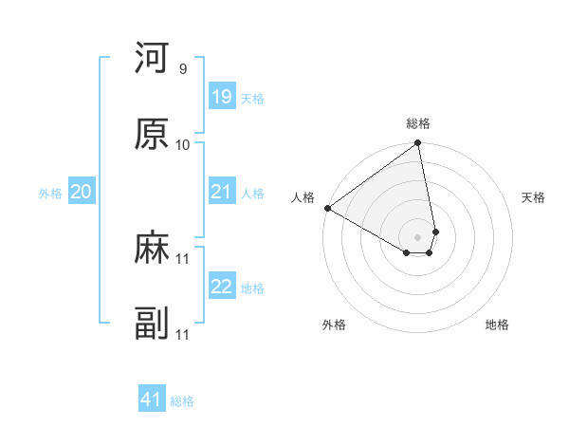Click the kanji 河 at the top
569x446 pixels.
click(152, 58)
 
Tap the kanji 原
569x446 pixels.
click(152, 134)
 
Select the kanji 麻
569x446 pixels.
click(152, 249)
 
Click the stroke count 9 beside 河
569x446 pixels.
click(182, 68)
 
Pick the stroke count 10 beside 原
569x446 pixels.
click(182, 144)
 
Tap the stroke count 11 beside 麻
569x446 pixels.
click(182, 259)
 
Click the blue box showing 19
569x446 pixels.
click(222, 97)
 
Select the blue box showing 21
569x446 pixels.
click(222, 192)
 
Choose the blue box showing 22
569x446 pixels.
click(222, 287)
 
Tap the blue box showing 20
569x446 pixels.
click(82, 192)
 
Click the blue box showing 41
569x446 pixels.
click(152, 400)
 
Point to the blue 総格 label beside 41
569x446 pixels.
click(182, 401)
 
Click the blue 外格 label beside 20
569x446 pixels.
click(50, 194)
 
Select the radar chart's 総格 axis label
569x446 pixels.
click(418, 124)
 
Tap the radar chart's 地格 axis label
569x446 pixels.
click(497, 325)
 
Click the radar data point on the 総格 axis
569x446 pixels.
click(418, 144)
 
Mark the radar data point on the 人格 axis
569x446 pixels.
click(327, 208)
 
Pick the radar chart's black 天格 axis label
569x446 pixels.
click(533, 197)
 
